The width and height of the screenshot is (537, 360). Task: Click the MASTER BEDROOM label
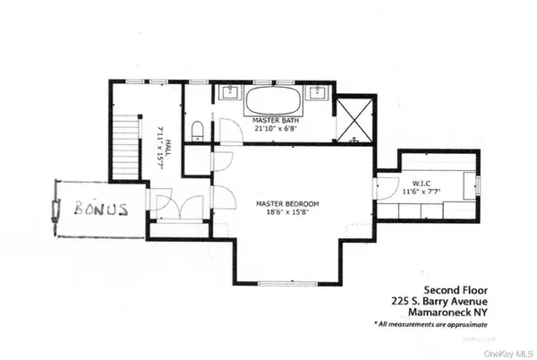pyautogui.click(x=287, y=203)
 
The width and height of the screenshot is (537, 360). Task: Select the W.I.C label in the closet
pyautogui.click(x=422, y=181)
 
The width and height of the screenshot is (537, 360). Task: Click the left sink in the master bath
pyautogui.click(x=229, y=92)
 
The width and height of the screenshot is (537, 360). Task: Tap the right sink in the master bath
pyautogui.click(x=319, y=92)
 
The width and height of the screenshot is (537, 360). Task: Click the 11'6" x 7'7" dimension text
pyautogui.click(x=422, y=192)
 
